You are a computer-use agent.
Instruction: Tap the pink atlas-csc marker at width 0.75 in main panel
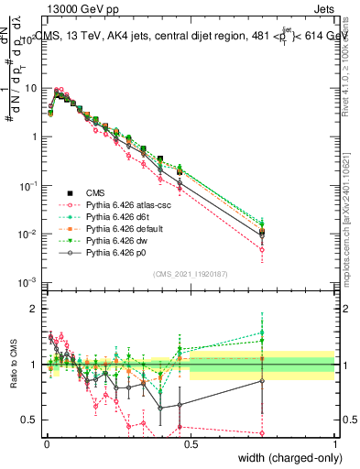263,249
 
